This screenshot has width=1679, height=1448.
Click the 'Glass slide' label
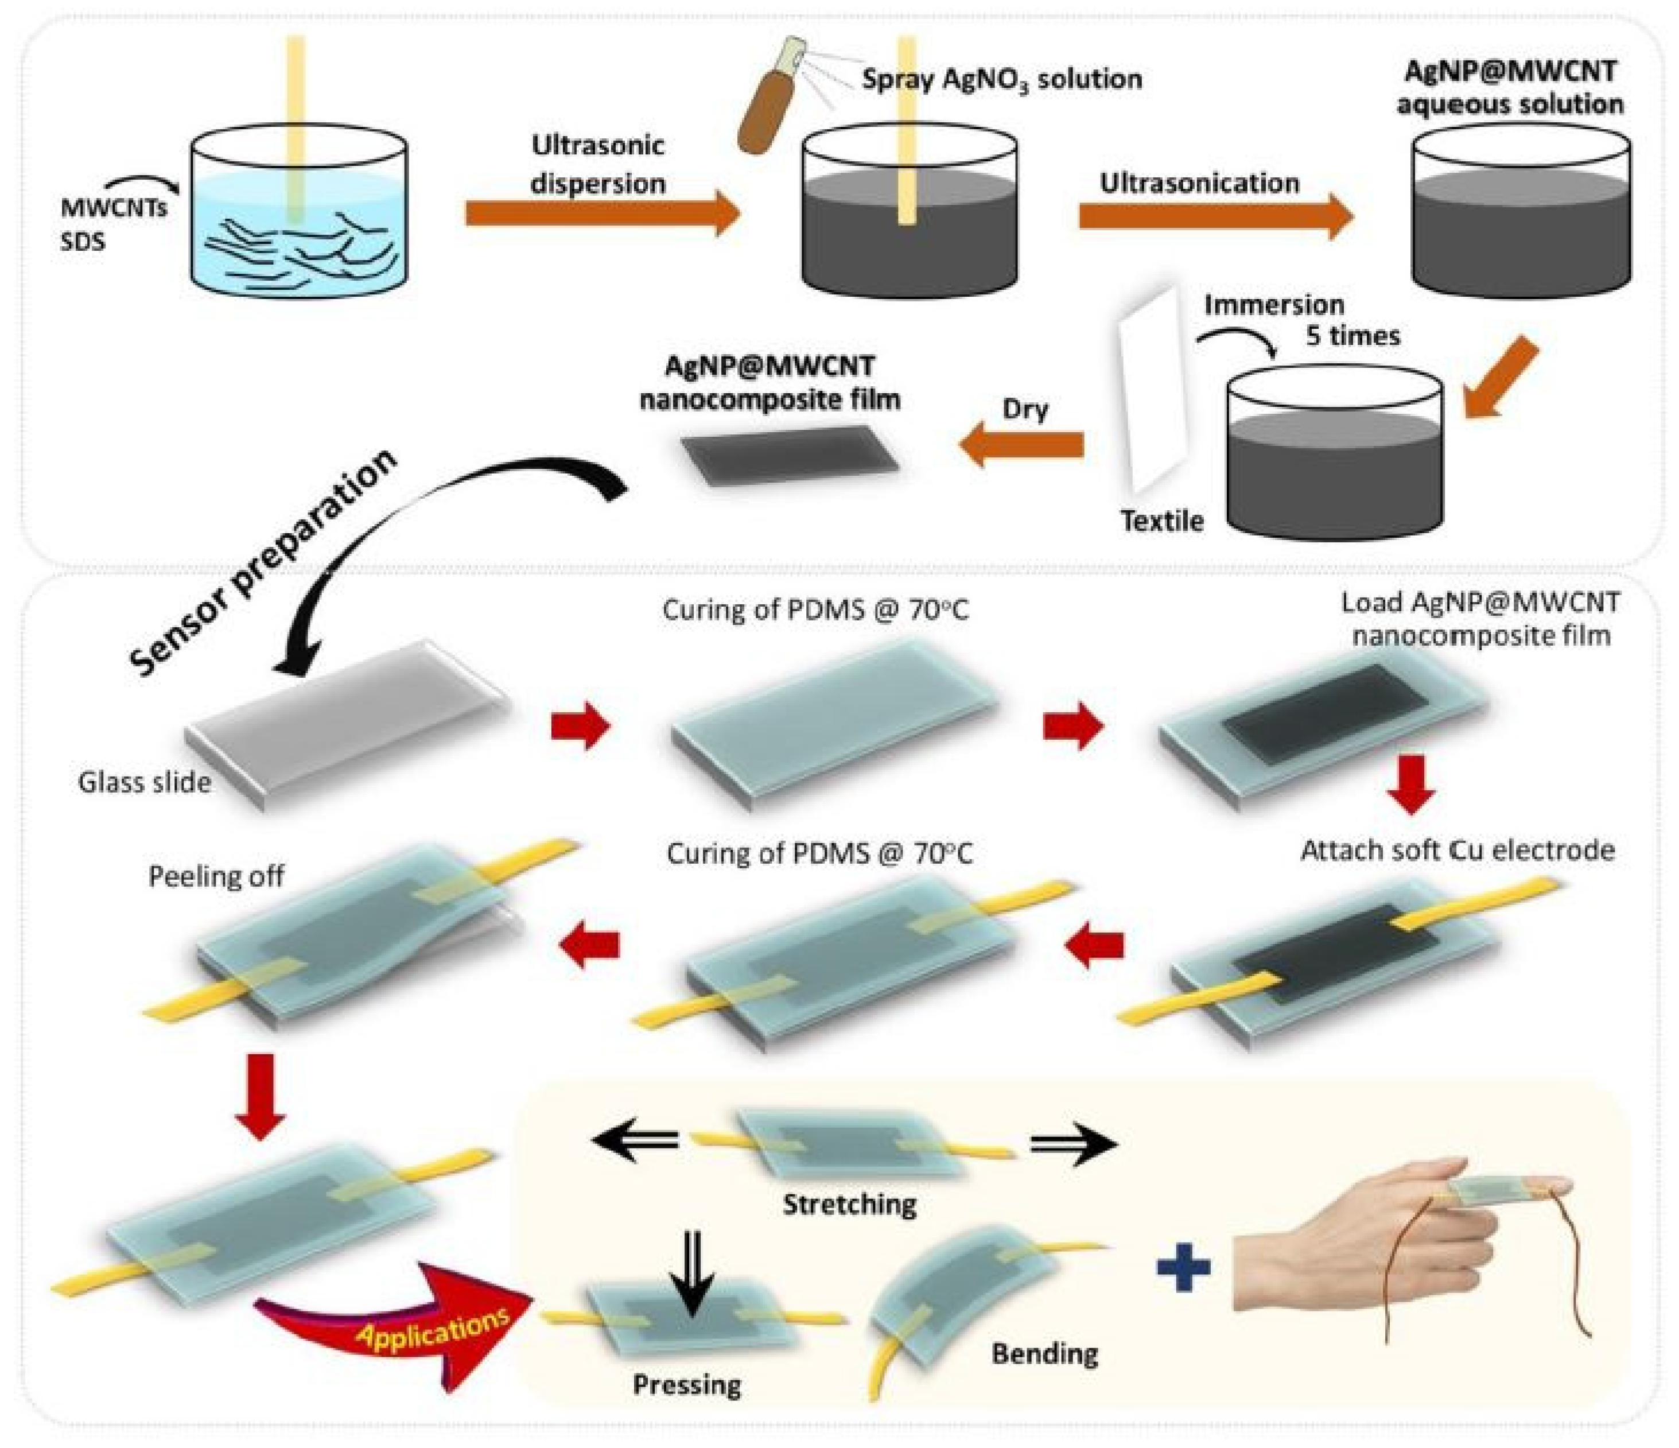[x=144, y=782]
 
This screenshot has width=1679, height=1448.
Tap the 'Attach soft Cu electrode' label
[x=1457, y=850]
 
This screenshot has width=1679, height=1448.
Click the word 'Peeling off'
[x=216, y=876]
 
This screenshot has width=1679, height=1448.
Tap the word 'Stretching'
[x=849, y=1204]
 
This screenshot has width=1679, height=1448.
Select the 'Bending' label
[x=1044, y=1352]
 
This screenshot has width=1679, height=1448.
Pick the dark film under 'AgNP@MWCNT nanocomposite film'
[x=789, y=455]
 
